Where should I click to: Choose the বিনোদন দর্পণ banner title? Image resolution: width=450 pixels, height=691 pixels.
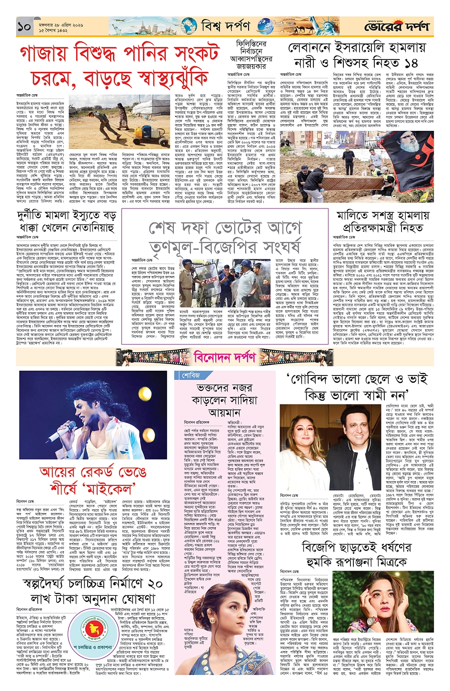tap(225, 356)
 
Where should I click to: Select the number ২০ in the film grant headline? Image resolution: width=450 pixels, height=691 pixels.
tap(155, 583)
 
